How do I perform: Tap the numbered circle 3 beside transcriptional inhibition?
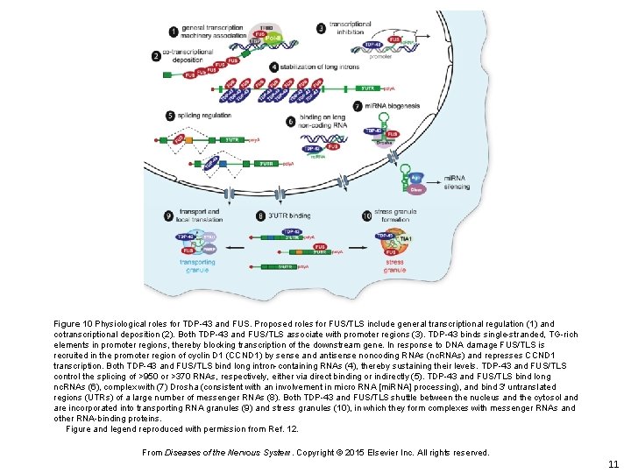tap(321, 29)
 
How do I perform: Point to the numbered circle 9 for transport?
tap(168, 215)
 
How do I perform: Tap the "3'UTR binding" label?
tap(290, 215)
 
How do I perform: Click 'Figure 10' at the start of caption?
tap(74, 324)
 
